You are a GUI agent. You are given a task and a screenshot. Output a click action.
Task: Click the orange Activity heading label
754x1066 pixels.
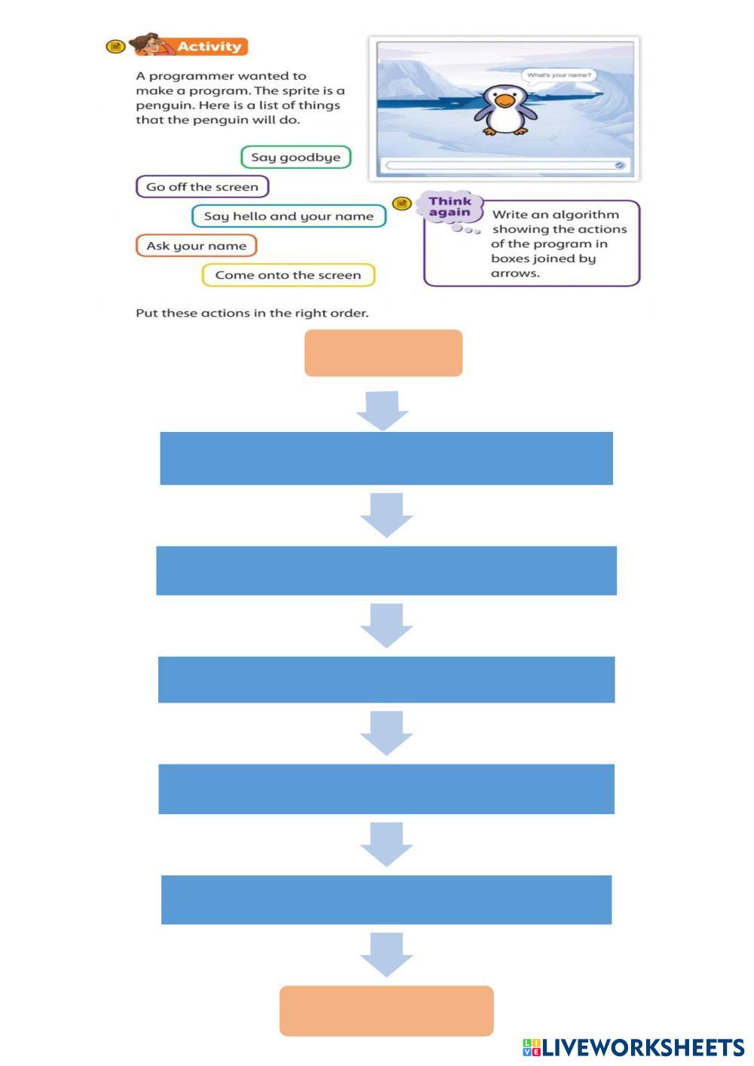point(210,47)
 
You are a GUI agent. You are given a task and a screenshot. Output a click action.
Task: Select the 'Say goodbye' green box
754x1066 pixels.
point(296,158)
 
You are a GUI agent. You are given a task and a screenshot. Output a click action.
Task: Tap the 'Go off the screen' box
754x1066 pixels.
point(202,187)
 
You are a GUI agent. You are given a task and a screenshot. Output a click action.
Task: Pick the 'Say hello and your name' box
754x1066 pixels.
point(288,216)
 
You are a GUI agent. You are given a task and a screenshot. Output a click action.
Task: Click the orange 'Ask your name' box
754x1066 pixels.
point(196,246)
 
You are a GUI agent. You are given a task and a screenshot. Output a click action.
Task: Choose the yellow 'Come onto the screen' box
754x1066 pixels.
point(288,275)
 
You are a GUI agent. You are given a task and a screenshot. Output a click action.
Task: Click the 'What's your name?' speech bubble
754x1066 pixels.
point(559,75)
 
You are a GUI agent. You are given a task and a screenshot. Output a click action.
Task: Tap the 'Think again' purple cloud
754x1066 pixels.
point(449,207)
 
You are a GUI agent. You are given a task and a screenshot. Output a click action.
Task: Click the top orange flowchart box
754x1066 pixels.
point(383,353)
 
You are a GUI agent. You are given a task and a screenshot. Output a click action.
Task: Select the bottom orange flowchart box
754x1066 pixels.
point(386,1010)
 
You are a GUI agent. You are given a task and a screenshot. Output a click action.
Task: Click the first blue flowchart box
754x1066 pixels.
point(386,458)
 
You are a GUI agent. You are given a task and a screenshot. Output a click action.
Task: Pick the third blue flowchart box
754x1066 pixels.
point(386,679)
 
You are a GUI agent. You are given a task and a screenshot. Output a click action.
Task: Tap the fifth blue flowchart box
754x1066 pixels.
point(386,899)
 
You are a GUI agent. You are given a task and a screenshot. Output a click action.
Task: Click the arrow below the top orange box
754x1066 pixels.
point(382,410)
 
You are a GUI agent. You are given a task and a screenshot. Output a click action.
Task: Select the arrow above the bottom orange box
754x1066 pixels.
point(386,954)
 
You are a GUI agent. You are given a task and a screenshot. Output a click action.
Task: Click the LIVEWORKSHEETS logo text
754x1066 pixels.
point(642,1047)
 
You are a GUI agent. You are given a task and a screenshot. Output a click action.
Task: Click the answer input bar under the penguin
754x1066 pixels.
point(504,164)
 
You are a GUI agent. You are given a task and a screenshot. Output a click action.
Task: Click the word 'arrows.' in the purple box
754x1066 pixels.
point(515,273)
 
